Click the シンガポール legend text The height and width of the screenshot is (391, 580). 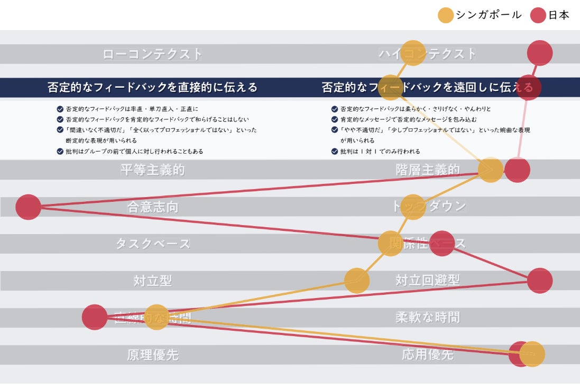pos(489,15)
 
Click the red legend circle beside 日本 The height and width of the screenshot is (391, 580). pos(538,15)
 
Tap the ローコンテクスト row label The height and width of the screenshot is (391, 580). pos(152,54)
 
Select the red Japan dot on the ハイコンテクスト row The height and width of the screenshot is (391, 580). pos(540,53)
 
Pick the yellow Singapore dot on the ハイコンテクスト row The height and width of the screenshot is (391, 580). pos(413,53)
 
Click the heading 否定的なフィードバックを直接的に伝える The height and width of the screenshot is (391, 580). pos(152,87)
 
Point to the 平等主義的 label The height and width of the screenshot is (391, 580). pos(152,170)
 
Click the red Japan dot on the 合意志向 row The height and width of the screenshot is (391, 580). pos(29,207)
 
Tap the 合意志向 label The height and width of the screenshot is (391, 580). pos(152,207)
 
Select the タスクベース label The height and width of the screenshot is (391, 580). pos(152,244)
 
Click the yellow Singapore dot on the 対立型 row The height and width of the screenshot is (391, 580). pos(357,281)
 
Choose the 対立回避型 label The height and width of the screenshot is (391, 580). pos(427,281)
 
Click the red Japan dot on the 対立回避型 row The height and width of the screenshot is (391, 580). pos(540,281)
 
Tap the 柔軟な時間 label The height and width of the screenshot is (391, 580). pos(427,318)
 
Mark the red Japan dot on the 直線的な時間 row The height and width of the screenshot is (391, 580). pos(95,317)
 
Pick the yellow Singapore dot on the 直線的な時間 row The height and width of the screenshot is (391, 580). pos(156,318)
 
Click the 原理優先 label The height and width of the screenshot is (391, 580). pos(152,355)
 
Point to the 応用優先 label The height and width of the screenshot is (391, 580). pos(427,355)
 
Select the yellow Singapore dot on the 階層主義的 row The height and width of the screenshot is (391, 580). pos(491,170)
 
